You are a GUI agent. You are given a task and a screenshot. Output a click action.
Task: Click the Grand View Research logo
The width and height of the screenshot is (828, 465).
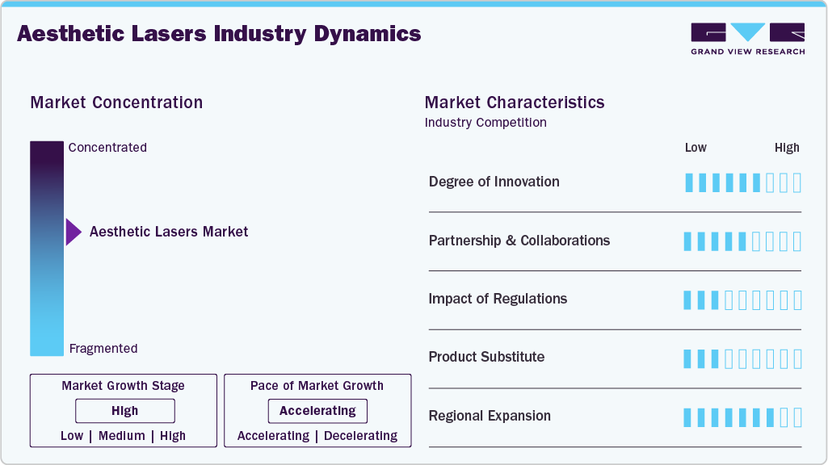point(747,39)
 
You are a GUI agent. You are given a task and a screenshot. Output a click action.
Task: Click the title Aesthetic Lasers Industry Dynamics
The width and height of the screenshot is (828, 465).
point(219,34)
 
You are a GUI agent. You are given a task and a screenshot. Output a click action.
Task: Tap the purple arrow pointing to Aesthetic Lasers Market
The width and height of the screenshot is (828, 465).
point(74,232)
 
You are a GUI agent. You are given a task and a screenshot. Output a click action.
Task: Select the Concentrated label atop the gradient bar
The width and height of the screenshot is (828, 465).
point(107,148)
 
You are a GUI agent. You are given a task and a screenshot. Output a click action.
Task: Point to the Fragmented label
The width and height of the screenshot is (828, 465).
point(103,349)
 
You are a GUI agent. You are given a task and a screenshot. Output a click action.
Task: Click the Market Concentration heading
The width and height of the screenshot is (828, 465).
point(116,103)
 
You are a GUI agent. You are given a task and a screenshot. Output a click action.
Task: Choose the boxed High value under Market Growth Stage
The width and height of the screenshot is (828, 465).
point(125,411)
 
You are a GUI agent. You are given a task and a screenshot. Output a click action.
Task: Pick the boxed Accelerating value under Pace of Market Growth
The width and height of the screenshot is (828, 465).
point(317,411)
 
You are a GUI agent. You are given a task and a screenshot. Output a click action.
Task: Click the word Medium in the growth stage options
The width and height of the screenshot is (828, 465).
point(122,436)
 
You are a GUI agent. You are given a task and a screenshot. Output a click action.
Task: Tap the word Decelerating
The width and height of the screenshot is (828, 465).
point(360,436)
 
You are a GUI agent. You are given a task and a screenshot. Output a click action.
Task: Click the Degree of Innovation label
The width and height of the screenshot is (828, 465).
point(494,182)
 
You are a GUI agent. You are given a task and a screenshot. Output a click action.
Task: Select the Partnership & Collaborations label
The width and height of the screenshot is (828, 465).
point(519,241)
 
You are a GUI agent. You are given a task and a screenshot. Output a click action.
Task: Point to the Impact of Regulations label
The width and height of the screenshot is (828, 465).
point(498,299)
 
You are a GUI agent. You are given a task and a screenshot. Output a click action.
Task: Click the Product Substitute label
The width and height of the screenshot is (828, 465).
point(486,357)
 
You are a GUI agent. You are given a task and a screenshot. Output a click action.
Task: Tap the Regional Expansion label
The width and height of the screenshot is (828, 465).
point(490,416)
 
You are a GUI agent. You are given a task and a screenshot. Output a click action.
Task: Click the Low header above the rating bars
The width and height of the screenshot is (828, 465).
point(696,148)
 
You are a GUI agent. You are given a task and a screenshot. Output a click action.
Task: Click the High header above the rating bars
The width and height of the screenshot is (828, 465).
point(787,148)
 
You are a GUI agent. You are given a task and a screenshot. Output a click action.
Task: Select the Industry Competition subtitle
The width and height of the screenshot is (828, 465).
point(485,123)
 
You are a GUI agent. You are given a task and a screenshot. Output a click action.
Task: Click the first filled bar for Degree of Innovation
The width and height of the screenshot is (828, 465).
point(689,182)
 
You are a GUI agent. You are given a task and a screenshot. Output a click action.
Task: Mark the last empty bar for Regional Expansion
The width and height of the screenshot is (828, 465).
point(797,417)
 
